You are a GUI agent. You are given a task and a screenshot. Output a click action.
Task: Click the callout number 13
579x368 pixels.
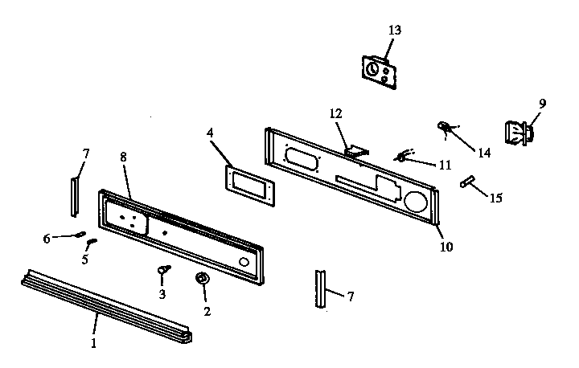pyautogui.click(x=395, y=30)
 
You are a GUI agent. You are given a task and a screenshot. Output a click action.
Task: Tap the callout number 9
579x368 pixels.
pyautogui.click(x=542, y=104)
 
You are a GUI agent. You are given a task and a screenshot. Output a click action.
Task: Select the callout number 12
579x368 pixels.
pyautogui.click(x=335, y=113)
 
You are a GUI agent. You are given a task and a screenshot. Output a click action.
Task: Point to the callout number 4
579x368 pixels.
pyautogui.click(x=210, y=133)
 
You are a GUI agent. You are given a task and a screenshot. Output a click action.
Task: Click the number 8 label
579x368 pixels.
pyautogui.click(x=123, y=157)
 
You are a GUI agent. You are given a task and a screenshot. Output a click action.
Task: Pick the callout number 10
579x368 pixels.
pyautogui.click(x=446, y=247)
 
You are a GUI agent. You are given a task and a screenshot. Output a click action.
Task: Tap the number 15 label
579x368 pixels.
pyautogui.click(x=496, y=198)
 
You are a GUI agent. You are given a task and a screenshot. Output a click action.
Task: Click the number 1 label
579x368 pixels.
pyautogui.click(x=93, y=343)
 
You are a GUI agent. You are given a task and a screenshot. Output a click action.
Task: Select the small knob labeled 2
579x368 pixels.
pyautogui.click(x=202, y=279)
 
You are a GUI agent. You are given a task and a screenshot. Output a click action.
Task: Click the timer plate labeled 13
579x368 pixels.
pyautogui.click(x=380, y=72)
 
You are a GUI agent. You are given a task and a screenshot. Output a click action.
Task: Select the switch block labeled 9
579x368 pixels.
pyautogui.click(x=519, y=133)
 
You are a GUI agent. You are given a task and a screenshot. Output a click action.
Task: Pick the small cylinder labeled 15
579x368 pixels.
pyautogui.click(x=467, y=181)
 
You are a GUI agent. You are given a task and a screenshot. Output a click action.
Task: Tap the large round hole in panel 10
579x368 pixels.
pyautogui.click(x=416, y=202)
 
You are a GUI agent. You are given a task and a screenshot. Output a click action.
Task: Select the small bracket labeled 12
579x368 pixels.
pyautogui.click(x=356, y=151)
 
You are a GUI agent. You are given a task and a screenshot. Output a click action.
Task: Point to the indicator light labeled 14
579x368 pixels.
pyautogui.click(x=444, y=127)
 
